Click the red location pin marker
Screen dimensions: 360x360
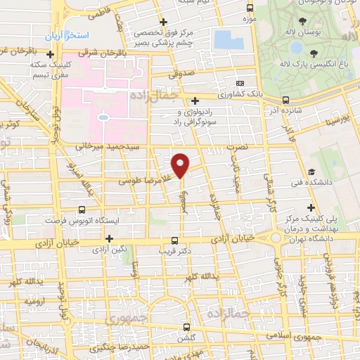(x=181, y=165)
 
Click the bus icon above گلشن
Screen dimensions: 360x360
(x=186, y=326)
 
